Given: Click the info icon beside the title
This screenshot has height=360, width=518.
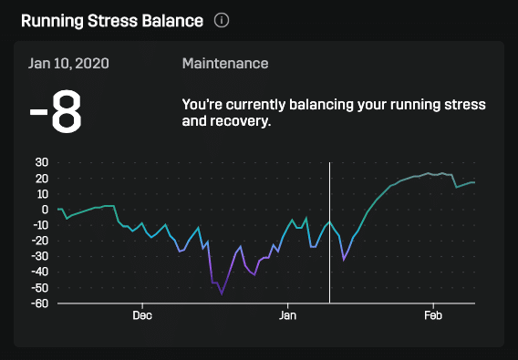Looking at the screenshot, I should click(222, 19).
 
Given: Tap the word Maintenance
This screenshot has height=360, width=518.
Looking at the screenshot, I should click(225, 64).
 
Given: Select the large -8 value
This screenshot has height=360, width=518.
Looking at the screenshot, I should click(57, 111).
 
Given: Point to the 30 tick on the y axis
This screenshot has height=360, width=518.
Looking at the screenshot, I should click(41, 162).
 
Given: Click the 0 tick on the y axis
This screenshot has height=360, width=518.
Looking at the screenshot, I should click(45, 210).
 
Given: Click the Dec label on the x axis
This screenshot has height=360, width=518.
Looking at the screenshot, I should click(142, 315).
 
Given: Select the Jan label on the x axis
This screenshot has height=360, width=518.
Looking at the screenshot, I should click(287, 315).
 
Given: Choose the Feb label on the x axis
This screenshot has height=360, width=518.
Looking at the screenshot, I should click(433, 315).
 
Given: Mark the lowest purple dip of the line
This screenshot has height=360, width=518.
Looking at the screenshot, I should click(222, 294).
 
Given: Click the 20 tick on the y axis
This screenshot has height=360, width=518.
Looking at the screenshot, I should click(41, 178).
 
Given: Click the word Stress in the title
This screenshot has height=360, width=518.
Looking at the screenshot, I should click(113, 19).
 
